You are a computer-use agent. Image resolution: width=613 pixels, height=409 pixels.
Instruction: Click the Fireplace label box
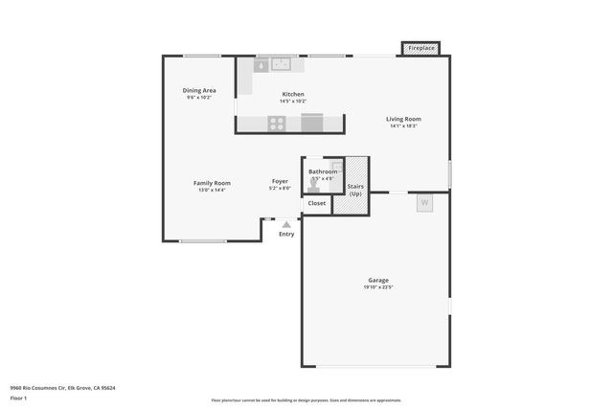point(421,48)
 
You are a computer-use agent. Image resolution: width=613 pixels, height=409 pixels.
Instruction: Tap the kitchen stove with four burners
point(276,123)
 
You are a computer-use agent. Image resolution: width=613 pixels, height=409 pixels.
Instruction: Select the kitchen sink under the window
point(281,65)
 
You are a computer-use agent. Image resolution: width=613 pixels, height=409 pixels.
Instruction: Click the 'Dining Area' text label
point(199,90)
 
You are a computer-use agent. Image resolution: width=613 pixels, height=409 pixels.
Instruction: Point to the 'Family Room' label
point(212,182)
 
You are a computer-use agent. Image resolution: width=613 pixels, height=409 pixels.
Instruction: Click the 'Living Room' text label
point(403,119)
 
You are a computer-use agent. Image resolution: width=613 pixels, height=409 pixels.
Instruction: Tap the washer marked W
point(424,203)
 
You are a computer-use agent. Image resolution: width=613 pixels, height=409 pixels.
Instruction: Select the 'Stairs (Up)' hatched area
point(355,182)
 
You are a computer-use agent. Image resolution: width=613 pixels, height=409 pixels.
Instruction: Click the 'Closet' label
point(316,203)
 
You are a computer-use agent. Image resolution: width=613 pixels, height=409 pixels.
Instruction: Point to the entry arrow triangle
point(286,224)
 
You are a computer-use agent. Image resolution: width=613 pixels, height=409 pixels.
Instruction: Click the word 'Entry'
point(286,234)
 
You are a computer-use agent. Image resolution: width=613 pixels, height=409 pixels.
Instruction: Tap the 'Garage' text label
point(378,280)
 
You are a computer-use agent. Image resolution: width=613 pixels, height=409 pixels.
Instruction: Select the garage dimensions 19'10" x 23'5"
point(378,287)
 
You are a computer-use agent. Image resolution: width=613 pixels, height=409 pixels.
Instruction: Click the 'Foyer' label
point(280,181)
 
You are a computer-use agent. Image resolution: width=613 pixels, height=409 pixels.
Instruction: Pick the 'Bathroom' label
point(323,171)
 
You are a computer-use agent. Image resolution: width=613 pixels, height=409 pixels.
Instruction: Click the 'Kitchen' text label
point(292,94)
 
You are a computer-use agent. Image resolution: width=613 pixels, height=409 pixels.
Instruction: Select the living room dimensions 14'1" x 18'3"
point(403,126)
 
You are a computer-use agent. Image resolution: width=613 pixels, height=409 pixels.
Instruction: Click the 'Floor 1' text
point(18,398)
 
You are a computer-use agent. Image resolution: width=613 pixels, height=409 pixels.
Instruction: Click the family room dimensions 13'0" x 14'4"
point(212,190)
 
